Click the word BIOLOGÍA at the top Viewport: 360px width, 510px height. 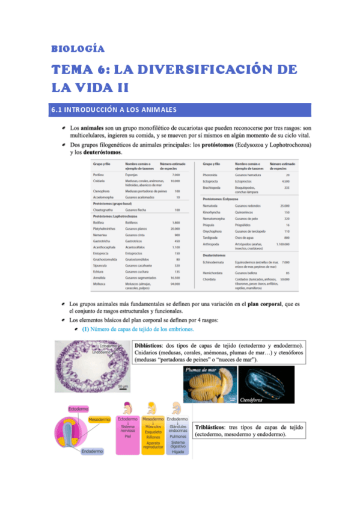[x=78, y=48]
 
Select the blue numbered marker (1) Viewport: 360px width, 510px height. [x=86, y=329]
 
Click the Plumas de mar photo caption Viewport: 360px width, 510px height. [x=201, y=370]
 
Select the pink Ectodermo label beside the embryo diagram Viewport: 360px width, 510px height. [x=78, y=409]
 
